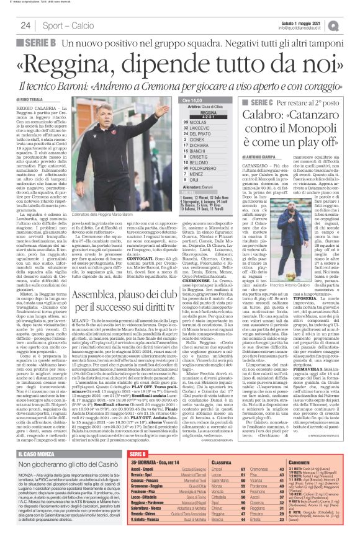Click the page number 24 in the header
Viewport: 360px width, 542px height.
tap(25, 25)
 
